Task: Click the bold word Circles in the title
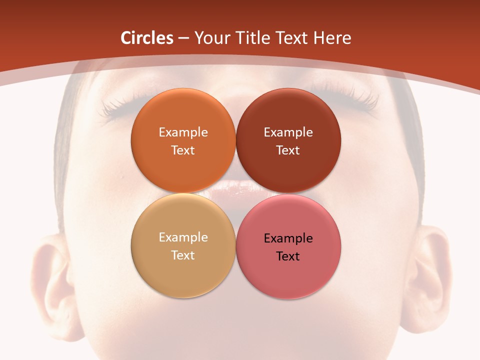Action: click(x=147, y=38)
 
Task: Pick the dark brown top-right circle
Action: click(x=288, y=170)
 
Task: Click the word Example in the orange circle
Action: click(x=183, y=132)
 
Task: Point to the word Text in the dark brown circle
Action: click(x=288, y=150)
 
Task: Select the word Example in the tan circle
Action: click(x=183, y=237)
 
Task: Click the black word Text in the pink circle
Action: click(x=288, y=256)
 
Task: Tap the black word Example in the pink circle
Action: click(x=288, y=238)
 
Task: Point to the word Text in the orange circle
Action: click(x=183, y=150)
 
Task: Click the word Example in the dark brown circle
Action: click(x=288, y=132)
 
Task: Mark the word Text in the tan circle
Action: click(x=183, y=255)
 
